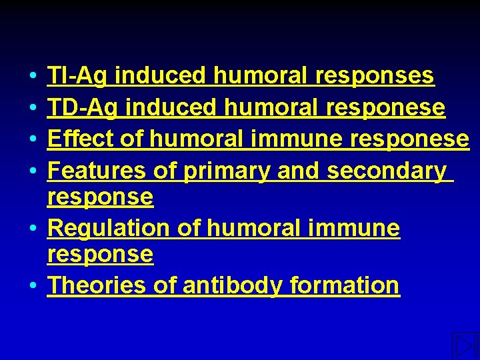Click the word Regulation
(109, 228)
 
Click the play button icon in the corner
(464, 345)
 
